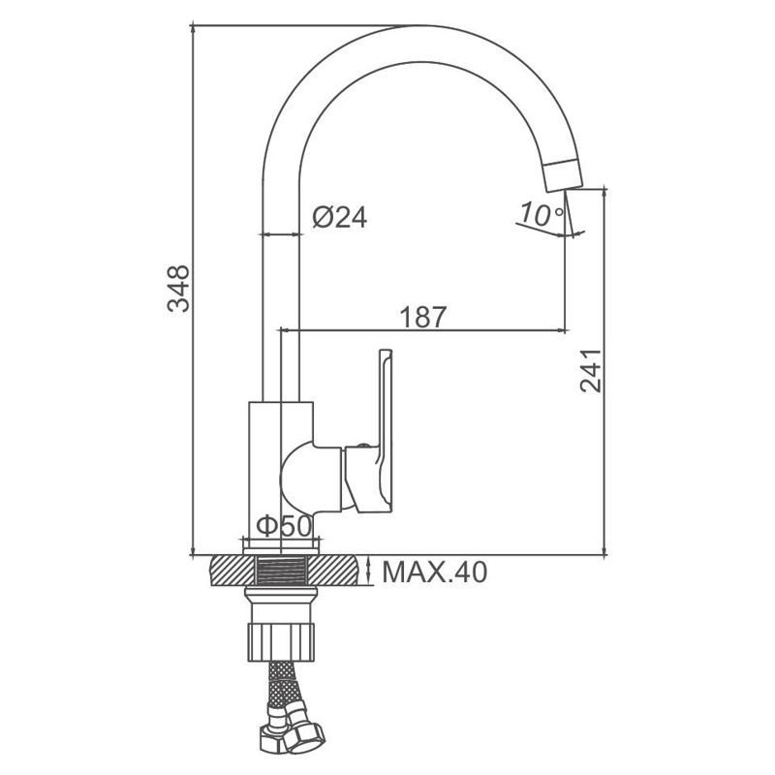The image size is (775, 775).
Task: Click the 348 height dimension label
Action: point(178,289)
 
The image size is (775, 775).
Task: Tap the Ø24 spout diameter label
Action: point(340,217)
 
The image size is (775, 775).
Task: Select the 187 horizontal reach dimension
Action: point(423,317)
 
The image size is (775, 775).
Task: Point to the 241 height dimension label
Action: point(591,371)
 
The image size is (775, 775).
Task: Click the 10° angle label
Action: point(541,214)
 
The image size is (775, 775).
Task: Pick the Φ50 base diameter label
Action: point(284,525)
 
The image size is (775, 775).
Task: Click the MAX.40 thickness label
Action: point(434,573)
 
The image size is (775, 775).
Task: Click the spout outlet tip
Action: point(564,183)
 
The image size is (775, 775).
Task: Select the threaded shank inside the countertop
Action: point(281,570)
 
